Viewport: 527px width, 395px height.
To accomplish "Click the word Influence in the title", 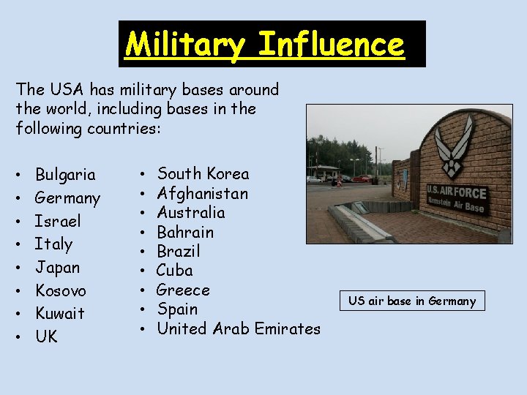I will [x=331, y=45].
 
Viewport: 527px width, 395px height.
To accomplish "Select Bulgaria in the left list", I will [x=65, y=175].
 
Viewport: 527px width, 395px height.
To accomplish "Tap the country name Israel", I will [x=58, y=221].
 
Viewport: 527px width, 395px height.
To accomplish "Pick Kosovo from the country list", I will [x=61, y=290].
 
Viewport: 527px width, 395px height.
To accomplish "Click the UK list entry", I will [x=46, y=336].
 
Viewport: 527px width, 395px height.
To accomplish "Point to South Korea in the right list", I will [x=203, y=174].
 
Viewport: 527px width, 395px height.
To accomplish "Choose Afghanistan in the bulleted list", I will [x=203, y=194].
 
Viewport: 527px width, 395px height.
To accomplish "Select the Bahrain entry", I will [x=186, y=233].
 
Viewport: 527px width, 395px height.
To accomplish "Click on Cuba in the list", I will [x=175, y=271].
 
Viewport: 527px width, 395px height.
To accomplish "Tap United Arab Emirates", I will [x=239, y=329].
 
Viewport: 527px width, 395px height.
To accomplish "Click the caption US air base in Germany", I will [x=411, y=301].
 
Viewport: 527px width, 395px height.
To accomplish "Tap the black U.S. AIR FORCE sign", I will [x=456, y=197].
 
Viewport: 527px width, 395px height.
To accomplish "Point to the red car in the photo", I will [x=362, y=178].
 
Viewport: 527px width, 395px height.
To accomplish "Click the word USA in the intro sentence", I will [x=67, y=90].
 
